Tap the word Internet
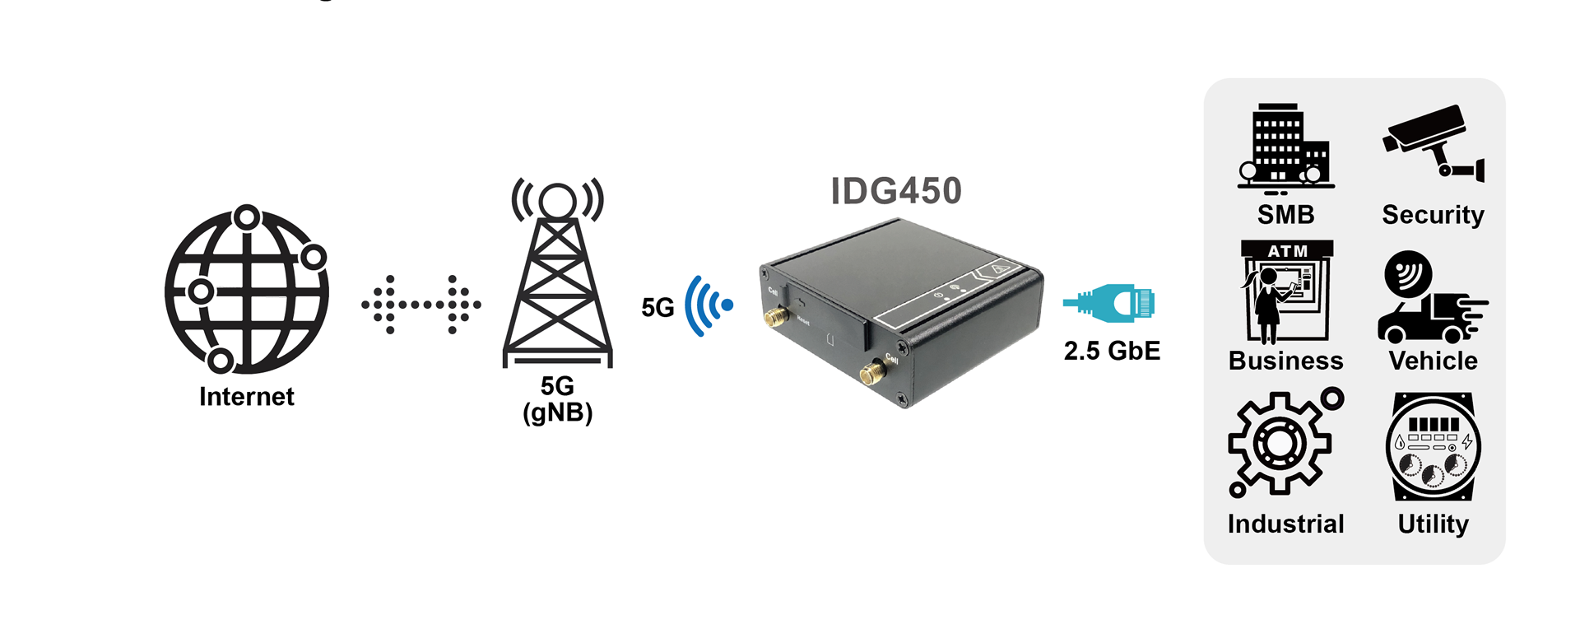246,397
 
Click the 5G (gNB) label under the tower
557,399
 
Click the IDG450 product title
895,191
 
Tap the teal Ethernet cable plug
1110,303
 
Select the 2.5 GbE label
1112,351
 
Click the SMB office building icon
1285,148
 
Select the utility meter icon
1433,446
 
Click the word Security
1433,215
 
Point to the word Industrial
1285,524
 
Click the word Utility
1433,524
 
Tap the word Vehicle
1433,361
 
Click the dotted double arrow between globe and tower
421,305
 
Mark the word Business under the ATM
1285,361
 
